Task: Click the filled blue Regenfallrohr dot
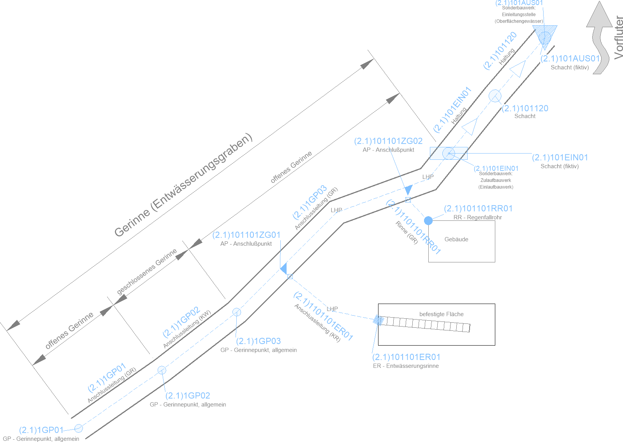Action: tap(428, 221)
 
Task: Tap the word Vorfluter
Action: tap(618, 38)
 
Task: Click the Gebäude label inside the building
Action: tap(456, 239)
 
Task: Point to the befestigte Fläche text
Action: tap(441, 314)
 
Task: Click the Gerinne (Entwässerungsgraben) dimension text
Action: tap(183, 186)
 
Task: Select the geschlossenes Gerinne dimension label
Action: tap(147, 271)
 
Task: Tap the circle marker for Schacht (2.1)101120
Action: tap(495, 96)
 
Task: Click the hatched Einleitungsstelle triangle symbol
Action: tap(545, 34)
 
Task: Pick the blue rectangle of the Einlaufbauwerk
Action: tap(449, 153)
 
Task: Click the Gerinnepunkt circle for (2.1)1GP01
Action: tap(79, 428)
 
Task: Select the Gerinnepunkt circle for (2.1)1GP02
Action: tap(162, 370)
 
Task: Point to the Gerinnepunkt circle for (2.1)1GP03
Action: tap(236, 312)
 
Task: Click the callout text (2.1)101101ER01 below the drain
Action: tap(406, 357)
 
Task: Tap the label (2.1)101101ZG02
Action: tap(388, 141)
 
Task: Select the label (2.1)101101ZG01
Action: tap(246, 235)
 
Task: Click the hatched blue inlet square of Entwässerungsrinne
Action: tap(378, 320)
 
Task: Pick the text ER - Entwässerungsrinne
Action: tap(406, 366)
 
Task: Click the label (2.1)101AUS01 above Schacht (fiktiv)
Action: tap(570, 59)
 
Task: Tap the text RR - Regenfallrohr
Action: tap(477, 217)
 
